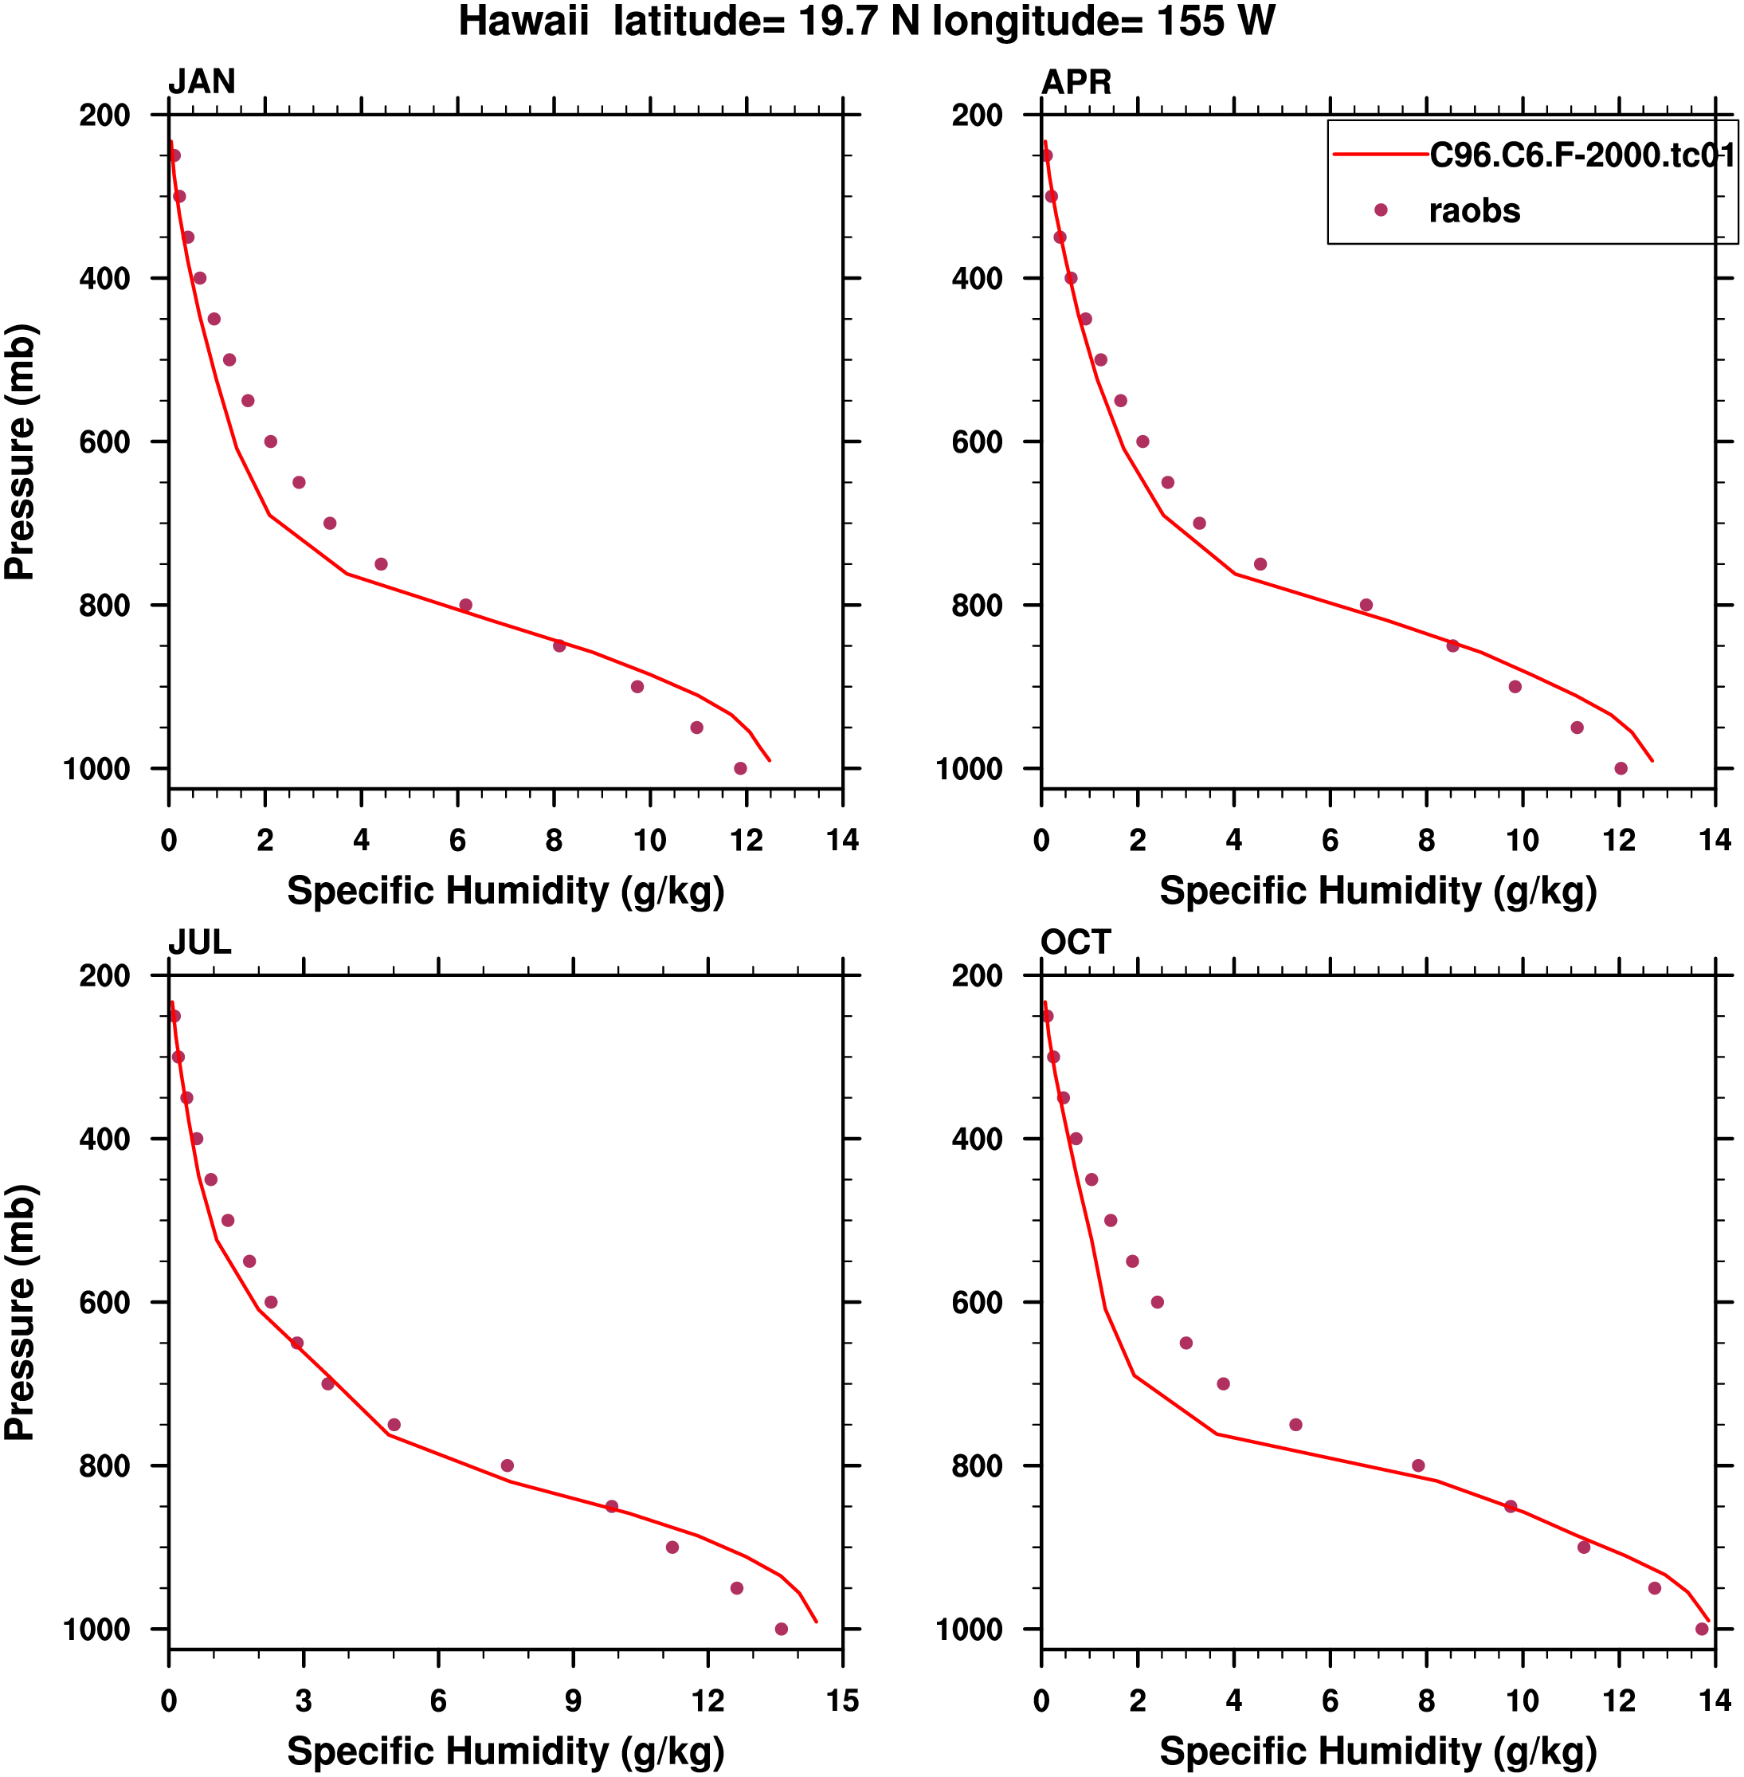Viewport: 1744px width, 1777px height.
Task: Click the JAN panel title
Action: coord(202,82)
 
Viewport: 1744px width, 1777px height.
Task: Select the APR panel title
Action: coord(1076,82)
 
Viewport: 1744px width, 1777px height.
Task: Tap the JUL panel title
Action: coord(200,943)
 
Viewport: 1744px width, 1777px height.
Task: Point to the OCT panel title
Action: coord(1076,943)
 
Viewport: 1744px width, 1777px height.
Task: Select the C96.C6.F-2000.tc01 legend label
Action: coord(1582,155)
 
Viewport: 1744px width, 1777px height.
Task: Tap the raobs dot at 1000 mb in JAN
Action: coord(740,768)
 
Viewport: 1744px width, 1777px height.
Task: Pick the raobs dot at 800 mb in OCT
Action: coord(1418,1465)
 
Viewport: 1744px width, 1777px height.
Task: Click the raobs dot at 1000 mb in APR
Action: coord(1621,768)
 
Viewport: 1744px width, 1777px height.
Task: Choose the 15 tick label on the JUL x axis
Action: coord(842,1701)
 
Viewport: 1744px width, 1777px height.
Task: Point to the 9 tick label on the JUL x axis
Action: coord(573,1701)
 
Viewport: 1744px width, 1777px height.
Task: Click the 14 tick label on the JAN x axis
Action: coord(842,840)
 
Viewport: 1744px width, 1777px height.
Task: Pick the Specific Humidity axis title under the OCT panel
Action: coord(1378,1752)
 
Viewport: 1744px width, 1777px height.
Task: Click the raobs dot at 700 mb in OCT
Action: coord(1223,1384)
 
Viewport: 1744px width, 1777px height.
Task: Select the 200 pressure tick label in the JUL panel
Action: coord(104,976)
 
